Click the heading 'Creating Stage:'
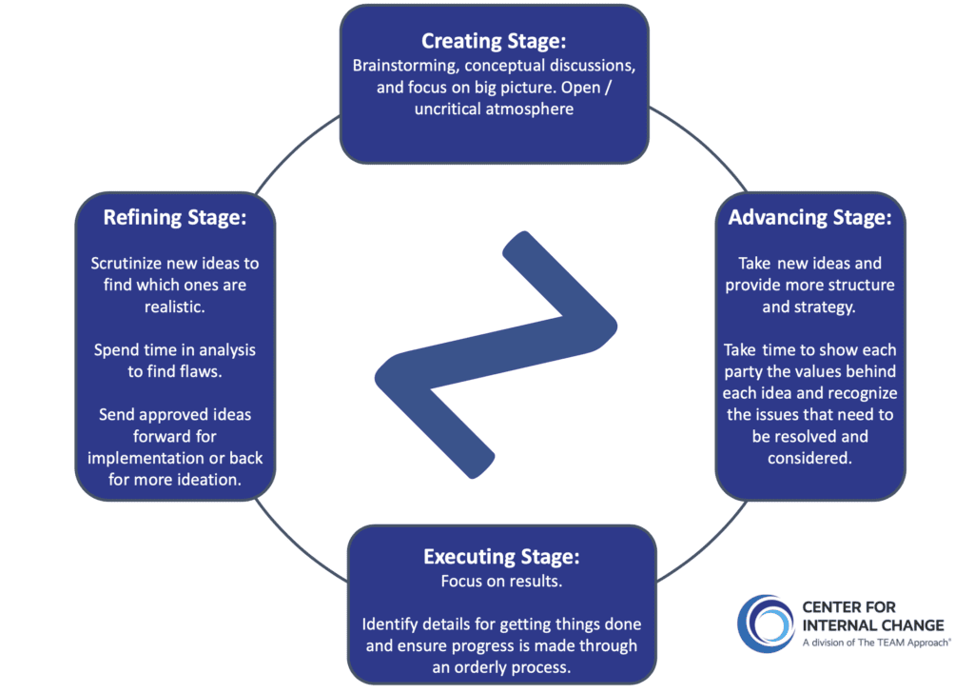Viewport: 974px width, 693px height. point(494,41)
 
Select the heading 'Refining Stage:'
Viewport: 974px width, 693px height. point(175,217)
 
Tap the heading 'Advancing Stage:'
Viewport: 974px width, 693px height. point(809,217)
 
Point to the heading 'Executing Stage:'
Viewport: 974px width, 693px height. point(500,556)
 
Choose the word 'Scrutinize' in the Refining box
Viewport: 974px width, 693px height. point(129,263)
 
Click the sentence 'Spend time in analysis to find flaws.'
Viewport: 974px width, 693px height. point(175,361)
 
